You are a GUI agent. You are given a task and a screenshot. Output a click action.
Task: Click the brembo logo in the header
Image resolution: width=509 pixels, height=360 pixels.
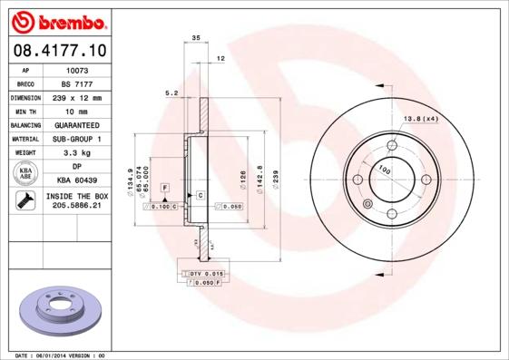tap(57, 20)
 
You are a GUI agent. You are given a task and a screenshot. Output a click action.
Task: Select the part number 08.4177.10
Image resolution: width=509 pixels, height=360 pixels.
tap(57, 50)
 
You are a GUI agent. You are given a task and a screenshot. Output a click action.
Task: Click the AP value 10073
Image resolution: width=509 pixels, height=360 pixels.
tap(76, 69)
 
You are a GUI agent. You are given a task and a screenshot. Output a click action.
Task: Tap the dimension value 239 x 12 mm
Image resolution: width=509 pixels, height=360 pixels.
tap(76, 97)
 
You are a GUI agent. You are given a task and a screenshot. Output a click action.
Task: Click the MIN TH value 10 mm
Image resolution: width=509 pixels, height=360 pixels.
tap(76, 111)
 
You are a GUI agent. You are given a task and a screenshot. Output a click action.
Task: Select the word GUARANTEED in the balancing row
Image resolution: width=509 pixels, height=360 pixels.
tap(76, 124)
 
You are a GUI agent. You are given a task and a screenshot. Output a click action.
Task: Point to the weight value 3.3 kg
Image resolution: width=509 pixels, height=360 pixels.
tap(76, 152)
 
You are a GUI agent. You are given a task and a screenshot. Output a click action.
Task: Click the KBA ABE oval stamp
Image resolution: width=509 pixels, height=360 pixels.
tap(25, 173)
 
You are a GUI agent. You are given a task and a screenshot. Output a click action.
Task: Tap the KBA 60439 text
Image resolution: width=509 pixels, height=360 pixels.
tap(76, 180)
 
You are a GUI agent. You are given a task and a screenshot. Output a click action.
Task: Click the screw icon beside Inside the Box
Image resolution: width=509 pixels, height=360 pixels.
tap(25, 201)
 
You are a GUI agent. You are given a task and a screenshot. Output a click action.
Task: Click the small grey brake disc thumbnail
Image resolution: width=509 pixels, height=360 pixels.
tap(56, 307)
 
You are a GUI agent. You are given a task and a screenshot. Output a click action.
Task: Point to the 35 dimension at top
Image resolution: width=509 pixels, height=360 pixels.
tap(195, 38)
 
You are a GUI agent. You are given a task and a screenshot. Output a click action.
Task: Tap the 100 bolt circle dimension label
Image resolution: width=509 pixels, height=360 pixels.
tap(385, 170)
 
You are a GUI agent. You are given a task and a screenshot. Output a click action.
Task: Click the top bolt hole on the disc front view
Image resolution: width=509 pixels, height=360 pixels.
tap(392, 145)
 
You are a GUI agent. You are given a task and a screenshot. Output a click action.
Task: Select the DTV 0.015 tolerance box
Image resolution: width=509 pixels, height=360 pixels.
tap(206, 273)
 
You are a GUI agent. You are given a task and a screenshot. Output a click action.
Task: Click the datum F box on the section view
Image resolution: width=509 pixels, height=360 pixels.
tap(165, 187)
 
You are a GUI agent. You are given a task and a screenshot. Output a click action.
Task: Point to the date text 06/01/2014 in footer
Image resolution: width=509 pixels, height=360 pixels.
tap(61, 355)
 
